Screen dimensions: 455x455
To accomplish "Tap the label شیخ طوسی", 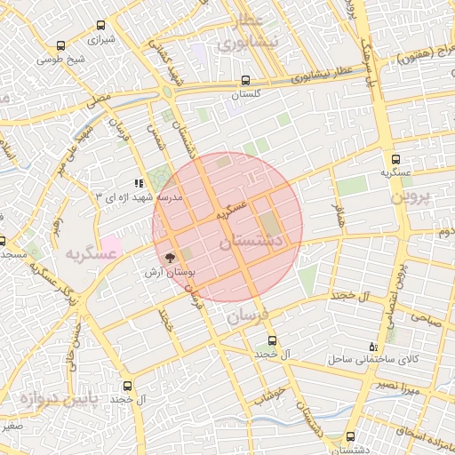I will point(60,60).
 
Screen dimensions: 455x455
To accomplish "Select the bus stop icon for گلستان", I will point(246,80).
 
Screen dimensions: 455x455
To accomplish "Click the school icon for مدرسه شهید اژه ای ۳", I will point(138,182).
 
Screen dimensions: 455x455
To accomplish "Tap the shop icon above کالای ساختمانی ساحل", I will point(371,346).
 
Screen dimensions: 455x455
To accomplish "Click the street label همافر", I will point(337,213).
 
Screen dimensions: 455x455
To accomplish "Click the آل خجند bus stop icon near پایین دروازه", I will point(128,387).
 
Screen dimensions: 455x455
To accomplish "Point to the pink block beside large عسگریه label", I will point(112,243).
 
